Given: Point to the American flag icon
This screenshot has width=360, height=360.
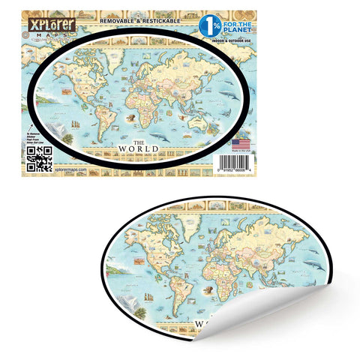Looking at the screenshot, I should tap(240, 142).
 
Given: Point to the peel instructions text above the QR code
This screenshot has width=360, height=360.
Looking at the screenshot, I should tap(37, 134).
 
